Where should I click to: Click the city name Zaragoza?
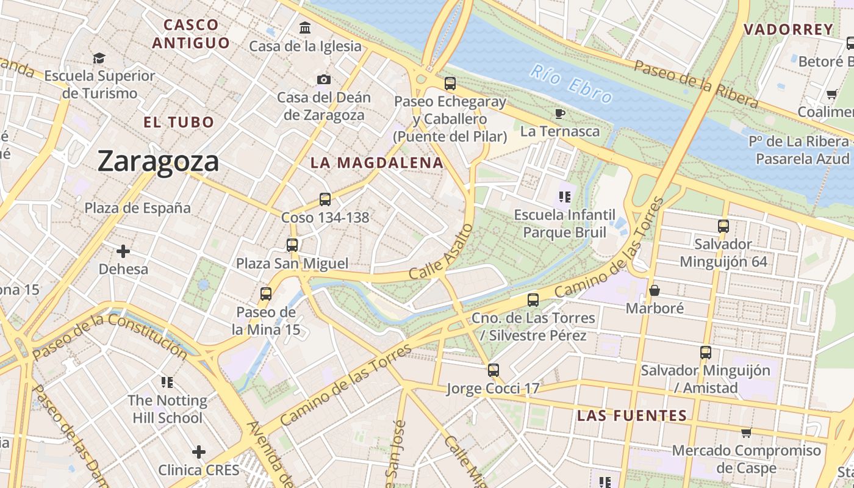[158, 162]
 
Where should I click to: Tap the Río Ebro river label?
[571, 83]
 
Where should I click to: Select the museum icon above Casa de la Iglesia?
[305, 28]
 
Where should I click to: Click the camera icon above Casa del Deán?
[324, 79]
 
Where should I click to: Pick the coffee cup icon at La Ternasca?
[559, 113]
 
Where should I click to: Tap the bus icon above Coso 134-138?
[325, 199]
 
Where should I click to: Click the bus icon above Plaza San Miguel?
[292, 245]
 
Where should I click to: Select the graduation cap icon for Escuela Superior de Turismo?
[99, 58]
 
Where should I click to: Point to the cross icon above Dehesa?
[123, 251]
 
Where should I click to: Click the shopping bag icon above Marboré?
[655, 290]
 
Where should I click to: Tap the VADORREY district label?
[788, 29]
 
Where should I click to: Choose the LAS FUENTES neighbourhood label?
[632, 416]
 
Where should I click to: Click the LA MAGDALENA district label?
[376, 163]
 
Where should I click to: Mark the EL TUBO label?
[179, 122]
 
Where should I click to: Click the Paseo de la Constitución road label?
[110, 337]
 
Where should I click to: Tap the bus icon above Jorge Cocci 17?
[493, 370]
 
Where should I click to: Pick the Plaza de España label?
[137, 208]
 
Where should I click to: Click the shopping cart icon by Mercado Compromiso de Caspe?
[745, 433]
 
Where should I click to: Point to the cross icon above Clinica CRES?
[198, 452]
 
